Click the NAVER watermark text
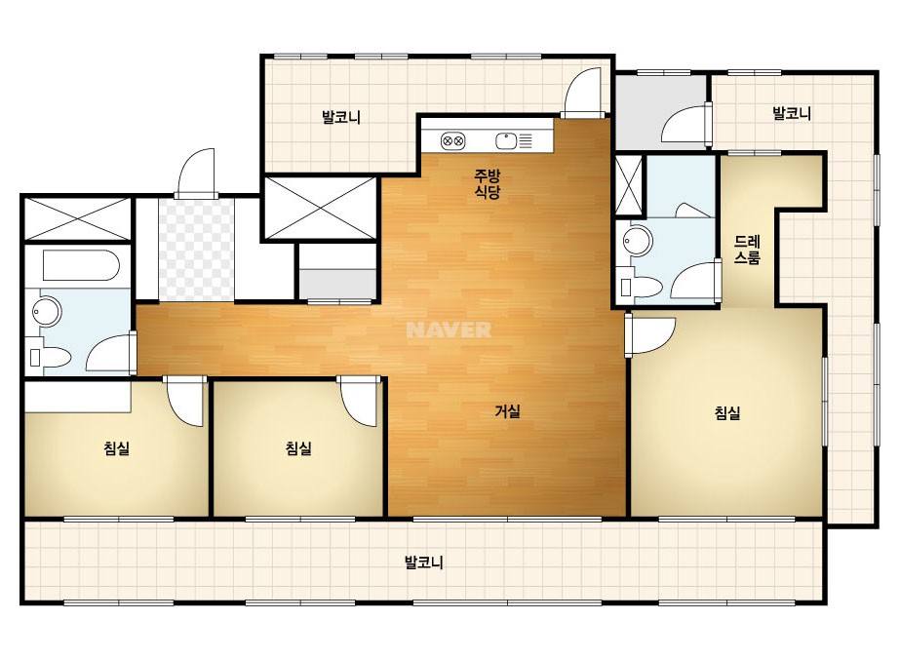[449, 329]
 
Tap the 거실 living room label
[507, 411]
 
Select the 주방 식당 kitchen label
[487, 183]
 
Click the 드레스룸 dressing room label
[747, 250]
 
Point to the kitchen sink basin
[506, 140]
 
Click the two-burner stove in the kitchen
[452, 140]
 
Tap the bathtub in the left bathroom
[81, 266]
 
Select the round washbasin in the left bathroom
[47, 311]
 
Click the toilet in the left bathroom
[50, 358]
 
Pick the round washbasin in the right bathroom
[639, 241]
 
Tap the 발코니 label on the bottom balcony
[423, 562]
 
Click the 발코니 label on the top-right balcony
[792, 113]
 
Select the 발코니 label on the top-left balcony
[341, 117]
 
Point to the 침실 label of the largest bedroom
[727, 412]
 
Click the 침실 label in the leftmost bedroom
[116, 447]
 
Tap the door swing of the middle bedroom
[359, 402]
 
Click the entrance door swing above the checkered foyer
[197, 174]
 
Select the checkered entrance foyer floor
[196, 250]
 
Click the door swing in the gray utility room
[685, 123]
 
